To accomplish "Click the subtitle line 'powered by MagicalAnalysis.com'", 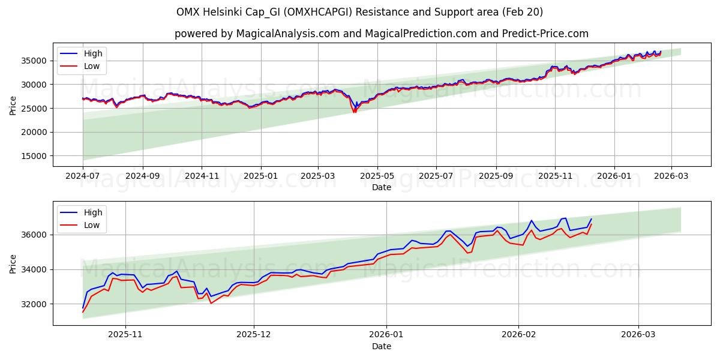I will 381,34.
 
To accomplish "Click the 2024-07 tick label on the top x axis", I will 83,176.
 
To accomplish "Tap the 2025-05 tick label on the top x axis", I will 377,176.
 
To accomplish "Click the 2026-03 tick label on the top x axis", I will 671,176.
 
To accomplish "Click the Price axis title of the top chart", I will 13,105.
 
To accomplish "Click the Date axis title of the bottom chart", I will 381,346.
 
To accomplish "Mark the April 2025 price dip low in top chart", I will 355,112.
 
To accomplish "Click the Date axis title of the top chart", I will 381,187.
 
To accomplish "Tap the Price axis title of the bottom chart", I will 13,263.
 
